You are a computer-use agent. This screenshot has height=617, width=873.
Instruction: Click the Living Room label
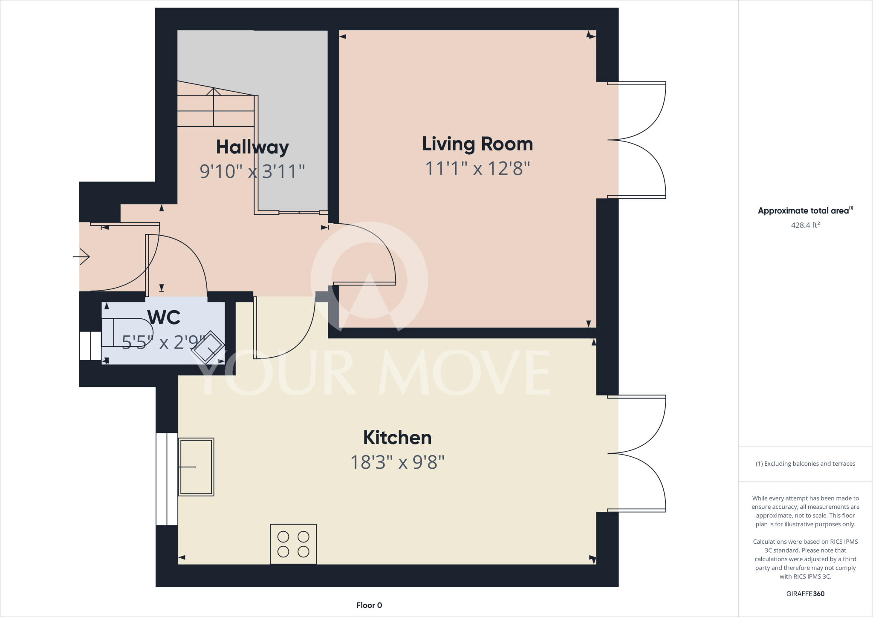coord(477,144)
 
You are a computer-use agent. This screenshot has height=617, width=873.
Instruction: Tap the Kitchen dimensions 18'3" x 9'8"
coord(397,462)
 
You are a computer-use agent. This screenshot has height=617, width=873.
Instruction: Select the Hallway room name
coord(252,147)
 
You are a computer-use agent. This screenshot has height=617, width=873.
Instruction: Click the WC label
coord(164,317)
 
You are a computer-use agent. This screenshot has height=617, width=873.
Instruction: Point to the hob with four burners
coord(293,544)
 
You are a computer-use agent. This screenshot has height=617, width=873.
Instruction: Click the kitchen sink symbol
coord(196,467)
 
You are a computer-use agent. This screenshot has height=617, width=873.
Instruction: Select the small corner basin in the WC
coord(208,347)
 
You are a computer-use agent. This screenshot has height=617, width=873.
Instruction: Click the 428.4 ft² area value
coord(805,225)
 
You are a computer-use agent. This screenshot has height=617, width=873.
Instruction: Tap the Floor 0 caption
coord(369,605)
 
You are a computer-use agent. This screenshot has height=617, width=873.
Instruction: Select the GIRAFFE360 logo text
coord(805,594)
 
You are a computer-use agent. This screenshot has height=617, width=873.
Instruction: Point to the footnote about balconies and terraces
coord(805,464)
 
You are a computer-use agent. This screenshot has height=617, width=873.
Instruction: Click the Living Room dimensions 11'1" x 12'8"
coord(477,168)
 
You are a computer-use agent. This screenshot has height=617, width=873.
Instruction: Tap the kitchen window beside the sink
coord(167,479)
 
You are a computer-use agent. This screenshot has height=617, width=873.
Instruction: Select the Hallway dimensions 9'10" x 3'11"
coord(252,171)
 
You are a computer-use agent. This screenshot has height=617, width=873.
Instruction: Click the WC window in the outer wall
coord(90,346)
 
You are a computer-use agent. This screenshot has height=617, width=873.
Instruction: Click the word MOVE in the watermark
coord(465,373)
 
